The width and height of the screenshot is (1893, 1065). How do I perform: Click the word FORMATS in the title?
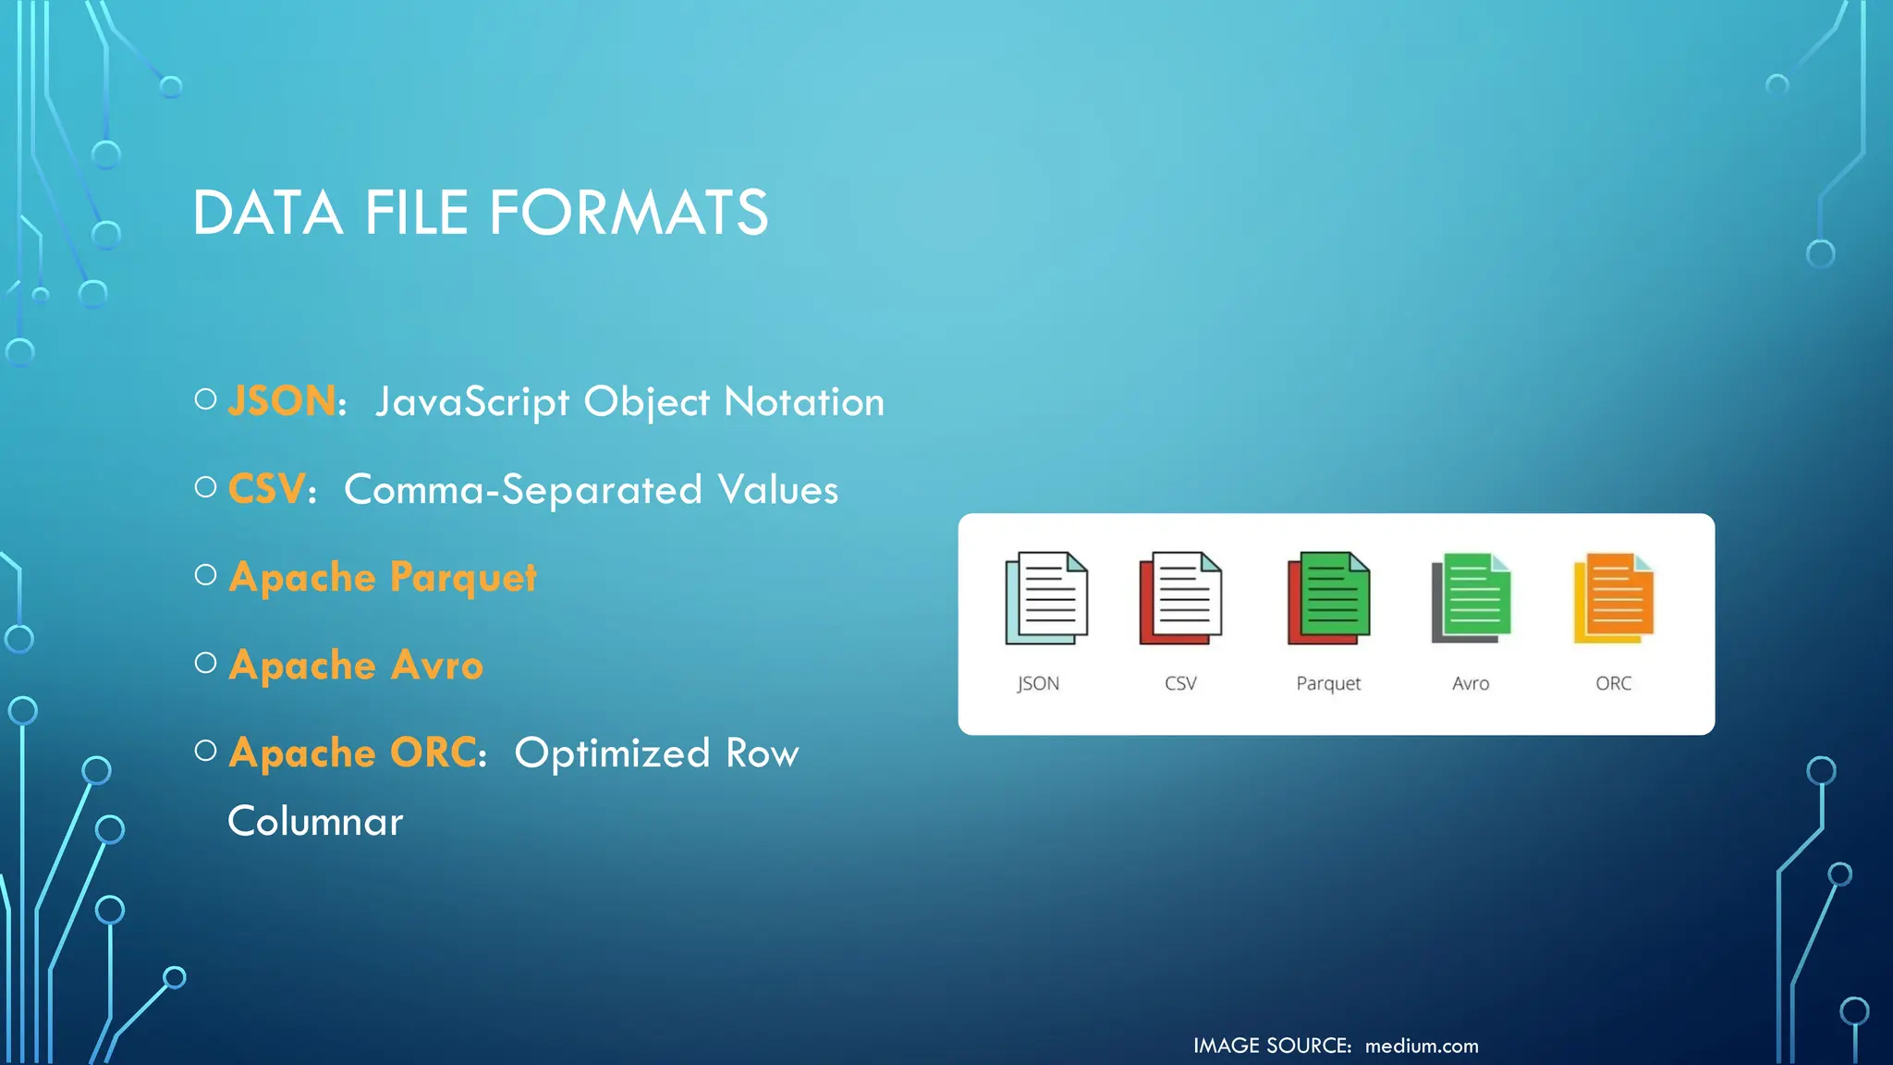tap(628, 214)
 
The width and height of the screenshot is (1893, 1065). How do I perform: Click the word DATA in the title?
tap(267, 214)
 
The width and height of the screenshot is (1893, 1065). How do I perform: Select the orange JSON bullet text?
tap(282, 401)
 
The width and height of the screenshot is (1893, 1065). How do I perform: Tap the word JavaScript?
tap(472, 403)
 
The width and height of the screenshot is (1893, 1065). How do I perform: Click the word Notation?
tap(804, 402)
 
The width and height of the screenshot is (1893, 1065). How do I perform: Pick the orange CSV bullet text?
tap(266, 489)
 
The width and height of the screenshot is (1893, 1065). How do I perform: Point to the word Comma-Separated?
tap(523, 490)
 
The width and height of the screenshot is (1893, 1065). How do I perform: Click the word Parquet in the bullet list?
tap(463, 578)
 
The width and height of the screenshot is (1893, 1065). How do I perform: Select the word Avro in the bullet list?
tap(437, 666)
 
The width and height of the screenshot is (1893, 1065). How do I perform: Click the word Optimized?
tap(612, 753)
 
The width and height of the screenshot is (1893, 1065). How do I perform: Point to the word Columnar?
tap(315, 822)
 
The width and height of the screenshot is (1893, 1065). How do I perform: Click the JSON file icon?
tap(1046, 598)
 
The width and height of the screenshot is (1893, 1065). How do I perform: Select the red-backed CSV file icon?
tap(1180, 598)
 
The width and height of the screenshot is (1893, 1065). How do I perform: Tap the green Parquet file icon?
tap(1328, 598)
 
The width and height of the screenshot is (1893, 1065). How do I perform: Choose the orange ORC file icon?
tap(1614, 598)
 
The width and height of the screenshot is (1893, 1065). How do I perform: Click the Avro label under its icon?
tap(1471, 683)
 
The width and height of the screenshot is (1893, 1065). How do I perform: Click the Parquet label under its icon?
tap(1328, 684)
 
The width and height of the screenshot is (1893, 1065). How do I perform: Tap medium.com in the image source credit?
tap(1422, 1046)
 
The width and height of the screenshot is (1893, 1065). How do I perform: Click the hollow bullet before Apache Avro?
tap(206, 663)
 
